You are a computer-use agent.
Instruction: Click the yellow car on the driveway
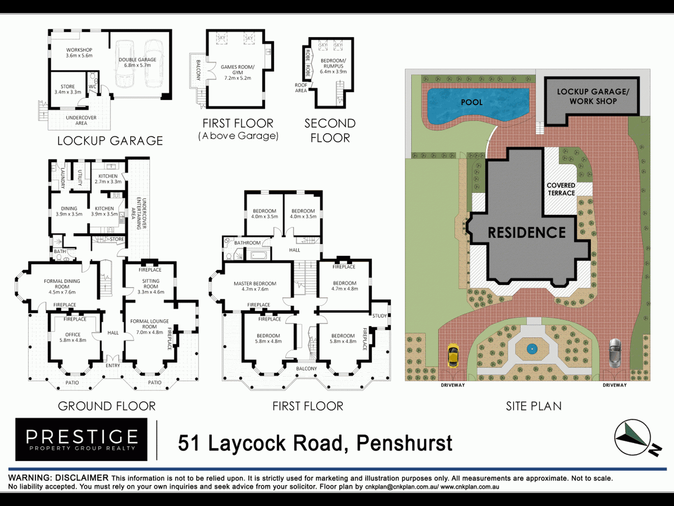(453, 355)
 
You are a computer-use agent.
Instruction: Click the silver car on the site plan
(615, 353)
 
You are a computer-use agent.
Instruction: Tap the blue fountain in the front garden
(532, 349)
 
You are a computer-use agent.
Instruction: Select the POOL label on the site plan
(471, 102)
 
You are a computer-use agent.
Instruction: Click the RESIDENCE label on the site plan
(526, 233)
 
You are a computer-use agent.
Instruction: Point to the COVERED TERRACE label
(561, 189)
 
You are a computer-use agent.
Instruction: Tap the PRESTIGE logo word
(82, 436)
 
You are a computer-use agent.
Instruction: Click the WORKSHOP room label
(79, 50)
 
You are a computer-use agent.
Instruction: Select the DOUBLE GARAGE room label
(137, 60)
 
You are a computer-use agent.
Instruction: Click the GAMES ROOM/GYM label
(238, 70)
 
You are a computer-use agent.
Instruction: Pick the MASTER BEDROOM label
(255, 284)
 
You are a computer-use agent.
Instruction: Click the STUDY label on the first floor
(379, 316)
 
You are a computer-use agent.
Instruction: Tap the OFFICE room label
(73, 334)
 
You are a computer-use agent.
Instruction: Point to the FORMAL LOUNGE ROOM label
(149, 324)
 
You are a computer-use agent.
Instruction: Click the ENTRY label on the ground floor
(113, 365)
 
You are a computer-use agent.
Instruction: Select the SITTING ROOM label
(151, 284)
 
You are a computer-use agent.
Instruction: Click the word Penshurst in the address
(404, 443)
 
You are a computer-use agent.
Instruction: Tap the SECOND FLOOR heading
(330, 130)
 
